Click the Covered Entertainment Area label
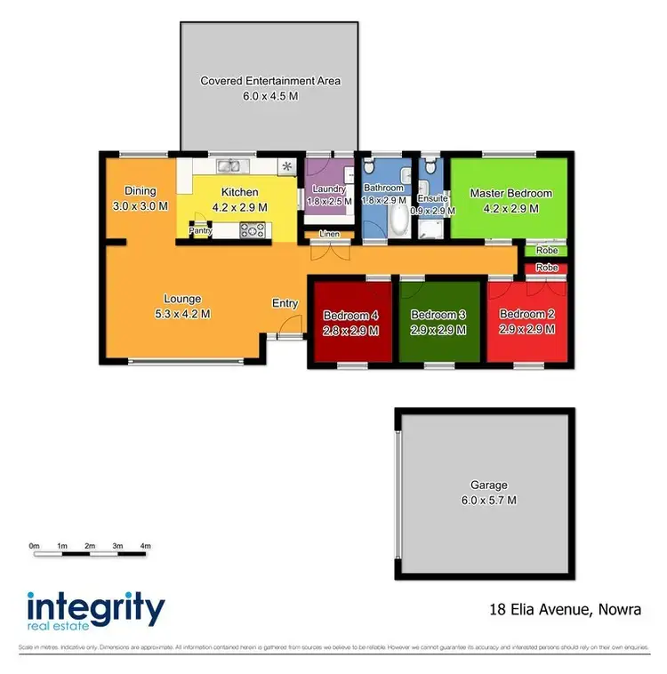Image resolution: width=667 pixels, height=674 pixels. tap(270, 81)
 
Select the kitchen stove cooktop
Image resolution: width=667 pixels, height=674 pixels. tap(253, 231)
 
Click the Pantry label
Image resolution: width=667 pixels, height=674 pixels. tap(199, 232)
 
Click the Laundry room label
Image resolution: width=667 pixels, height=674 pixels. tap(329, 189)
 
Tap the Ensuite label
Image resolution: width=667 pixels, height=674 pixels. tap(433, 198)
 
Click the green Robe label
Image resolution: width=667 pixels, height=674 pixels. tap(547, 252)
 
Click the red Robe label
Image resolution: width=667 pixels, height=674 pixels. tap(547, 268)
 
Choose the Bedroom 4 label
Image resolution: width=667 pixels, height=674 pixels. tap(350, 315)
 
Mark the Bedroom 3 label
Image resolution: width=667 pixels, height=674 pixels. tap(438, 315)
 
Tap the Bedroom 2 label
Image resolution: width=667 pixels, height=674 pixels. tap(527, 315)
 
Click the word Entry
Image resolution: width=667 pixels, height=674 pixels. tap(285, 303)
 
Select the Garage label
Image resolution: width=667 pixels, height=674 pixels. tap(489, 485)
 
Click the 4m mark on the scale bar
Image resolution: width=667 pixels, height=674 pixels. tap(146, 545)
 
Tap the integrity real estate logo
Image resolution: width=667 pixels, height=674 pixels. tap(96, 613)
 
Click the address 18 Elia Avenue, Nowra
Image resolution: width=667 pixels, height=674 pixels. tap(565, 610)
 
